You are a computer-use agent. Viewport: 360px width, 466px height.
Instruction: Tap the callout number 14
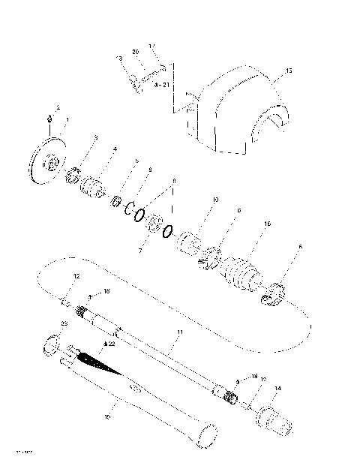tap(277, 388)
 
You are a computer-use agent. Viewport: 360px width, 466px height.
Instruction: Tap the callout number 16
tap(266, 224)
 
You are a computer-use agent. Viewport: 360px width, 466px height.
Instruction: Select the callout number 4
tap(115, 149)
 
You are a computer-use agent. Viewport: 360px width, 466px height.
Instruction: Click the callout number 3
tap(95, 137)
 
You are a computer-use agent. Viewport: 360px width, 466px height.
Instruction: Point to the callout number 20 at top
tap(136, 52)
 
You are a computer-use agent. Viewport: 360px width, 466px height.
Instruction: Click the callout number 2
tap(58, 108)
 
